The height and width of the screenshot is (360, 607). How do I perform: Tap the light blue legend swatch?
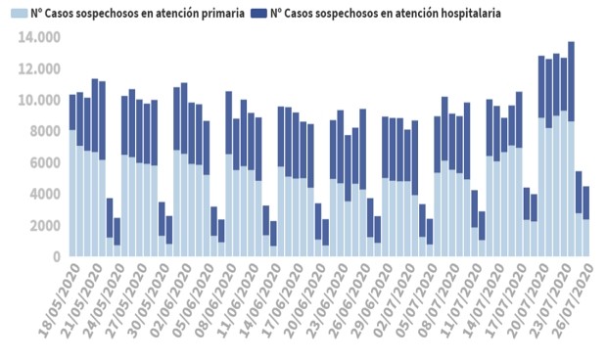click(x=19, y=15)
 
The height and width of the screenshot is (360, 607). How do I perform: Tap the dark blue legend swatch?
click(x=258, y=15)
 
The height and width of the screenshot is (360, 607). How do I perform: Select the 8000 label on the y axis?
click(x=43, y=131)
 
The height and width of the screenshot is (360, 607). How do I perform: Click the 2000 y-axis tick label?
click(x=43, y=225)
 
